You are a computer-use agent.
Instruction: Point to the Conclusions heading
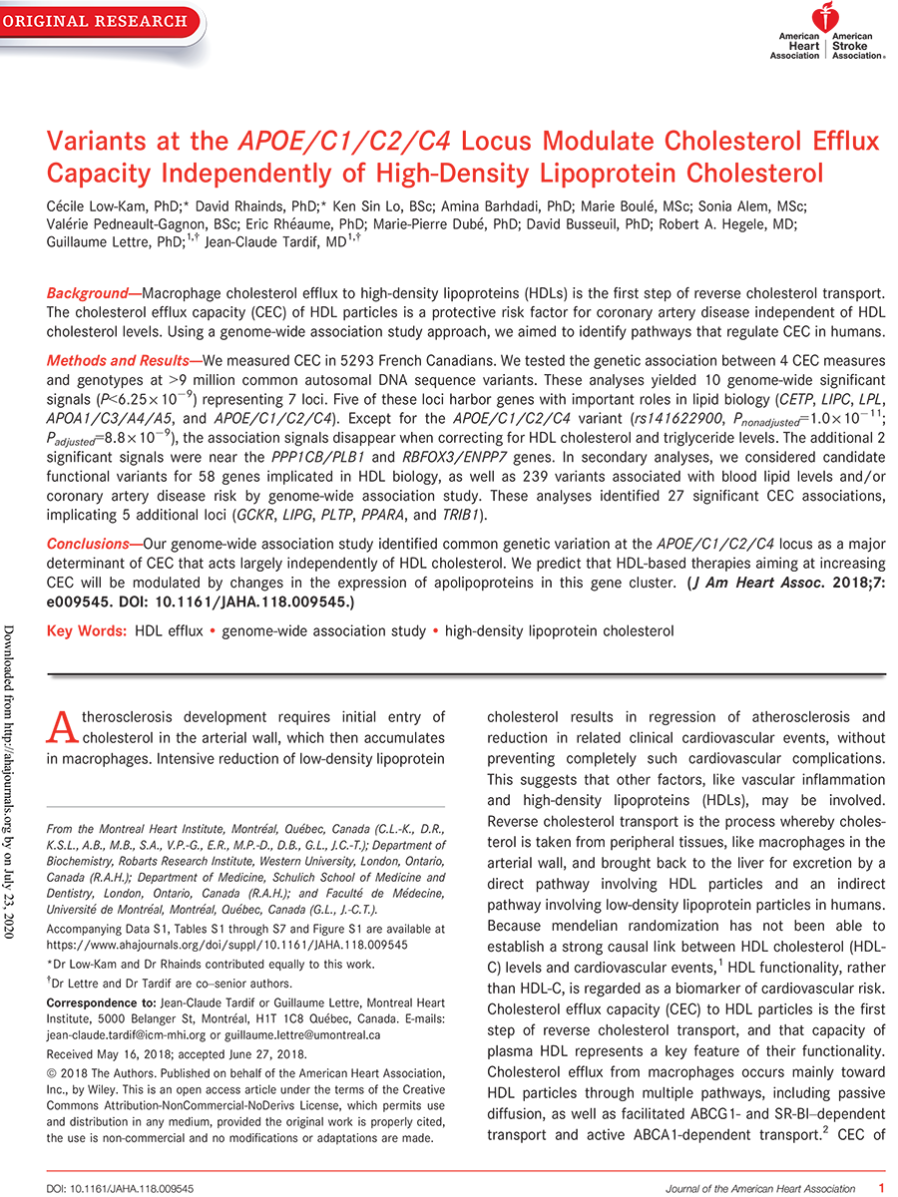point(94,545)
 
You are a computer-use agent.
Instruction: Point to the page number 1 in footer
point(880,1188)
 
